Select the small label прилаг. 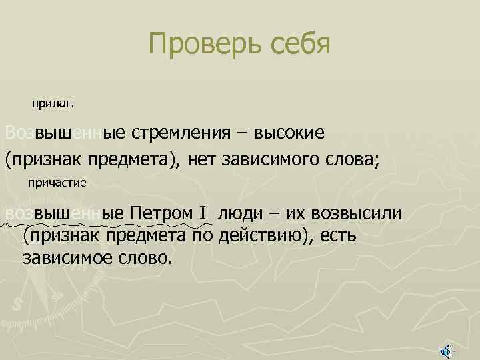(54, 104)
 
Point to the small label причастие (57, 182)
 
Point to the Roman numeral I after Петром (202, 213)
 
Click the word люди (241, 213)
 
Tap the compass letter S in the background (17, 303)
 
